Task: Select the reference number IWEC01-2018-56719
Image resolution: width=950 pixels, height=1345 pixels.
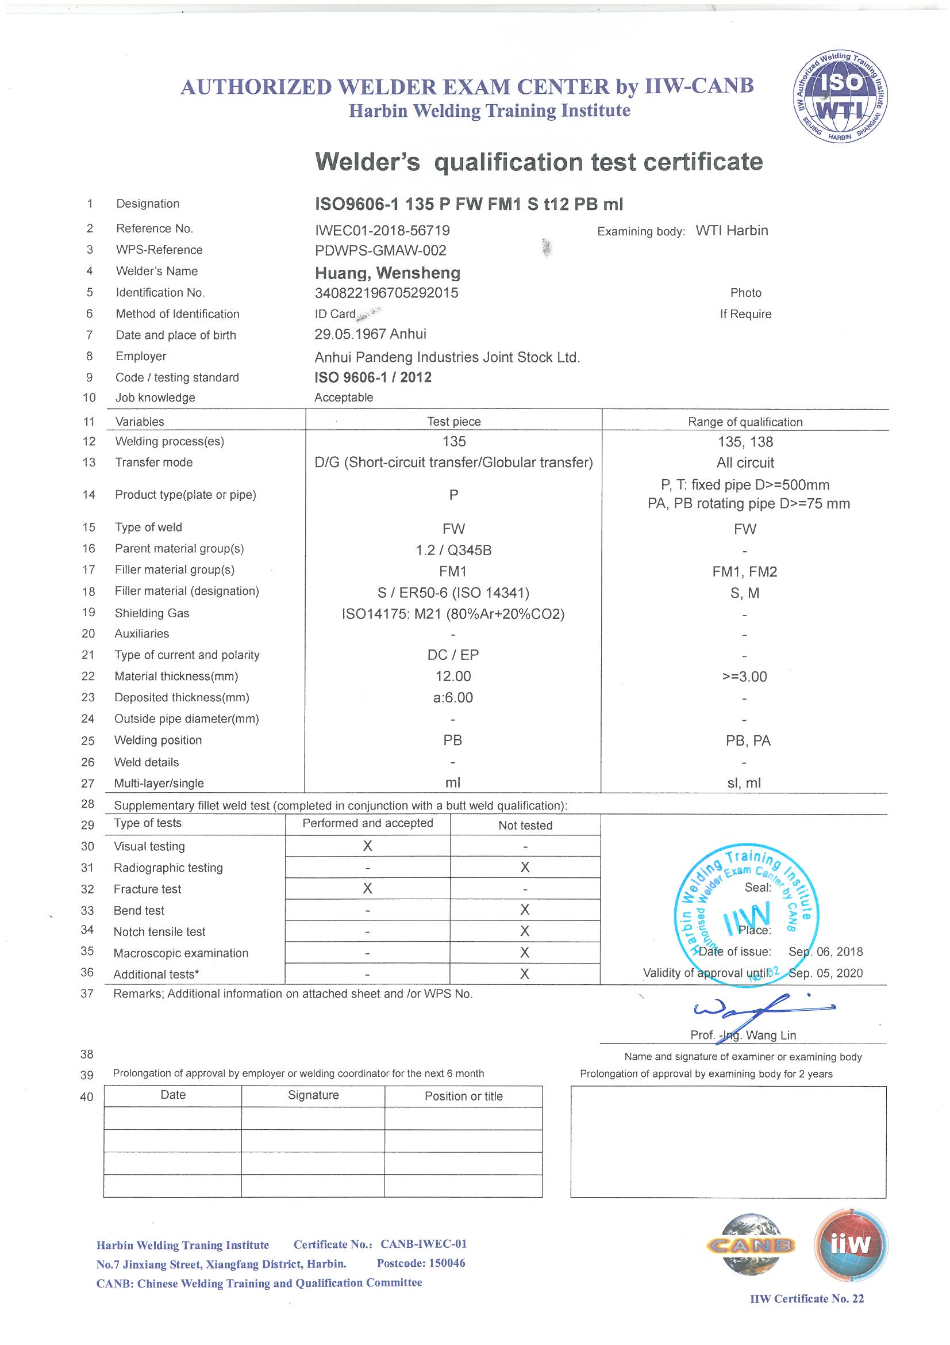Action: click(382, 231)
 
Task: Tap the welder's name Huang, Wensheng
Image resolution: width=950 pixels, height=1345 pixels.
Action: click(387, 273)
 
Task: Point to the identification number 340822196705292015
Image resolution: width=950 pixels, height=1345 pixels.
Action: click(386, 293)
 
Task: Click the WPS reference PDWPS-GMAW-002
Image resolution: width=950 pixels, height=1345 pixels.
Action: click(380, 251)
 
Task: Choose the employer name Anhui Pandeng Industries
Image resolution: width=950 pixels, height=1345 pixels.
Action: click(447, 357)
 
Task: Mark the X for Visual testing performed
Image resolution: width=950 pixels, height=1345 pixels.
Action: click(368, 846)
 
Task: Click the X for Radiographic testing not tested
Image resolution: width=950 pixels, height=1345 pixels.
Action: click(525, 867)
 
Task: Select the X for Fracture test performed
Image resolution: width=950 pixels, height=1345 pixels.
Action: click(368, 889)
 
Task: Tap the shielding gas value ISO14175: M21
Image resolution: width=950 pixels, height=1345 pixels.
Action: click(453, 614)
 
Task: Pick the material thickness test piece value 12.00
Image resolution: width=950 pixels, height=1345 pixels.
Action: click(453, 677)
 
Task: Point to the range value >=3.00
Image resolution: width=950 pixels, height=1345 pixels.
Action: click(745, 677)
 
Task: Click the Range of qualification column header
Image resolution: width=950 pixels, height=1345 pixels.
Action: click(745, 422)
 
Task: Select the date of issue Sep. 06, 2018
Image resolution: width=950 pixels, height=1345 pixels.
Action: click(825, 952)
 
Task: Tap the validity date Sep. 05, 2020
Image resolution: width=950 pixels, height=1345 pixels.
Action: click(825, 973)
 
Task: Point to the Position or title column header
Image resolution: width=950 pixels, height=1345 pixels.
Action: click(464, 1096)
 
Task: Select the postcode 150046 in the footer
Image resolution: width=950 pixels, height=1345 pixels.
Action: click(421, 1263)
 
